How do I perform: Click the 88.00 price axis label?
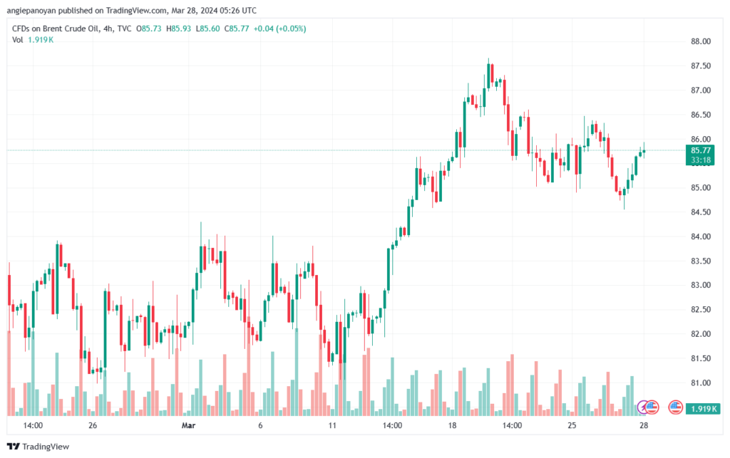pos(701,42)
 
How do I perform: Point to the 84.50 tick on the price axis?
pos(701,212)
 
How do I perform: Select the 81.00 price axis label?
pos(701,382)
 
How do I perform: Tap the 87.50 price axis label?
pos(701,66)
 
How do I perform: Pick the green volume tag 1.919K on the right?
pos(702,409)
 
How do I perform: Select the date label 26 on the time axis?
pos(93,426)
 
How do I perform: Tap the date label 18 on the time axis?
pos(452,426)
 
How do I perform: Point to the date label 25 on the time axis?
pos(572,426)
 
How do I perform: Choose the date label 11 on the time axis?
pos(332,426)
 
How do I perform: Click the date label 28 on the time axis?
pos(644,426)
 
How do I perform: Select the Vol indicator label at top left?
pos(19,39)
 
